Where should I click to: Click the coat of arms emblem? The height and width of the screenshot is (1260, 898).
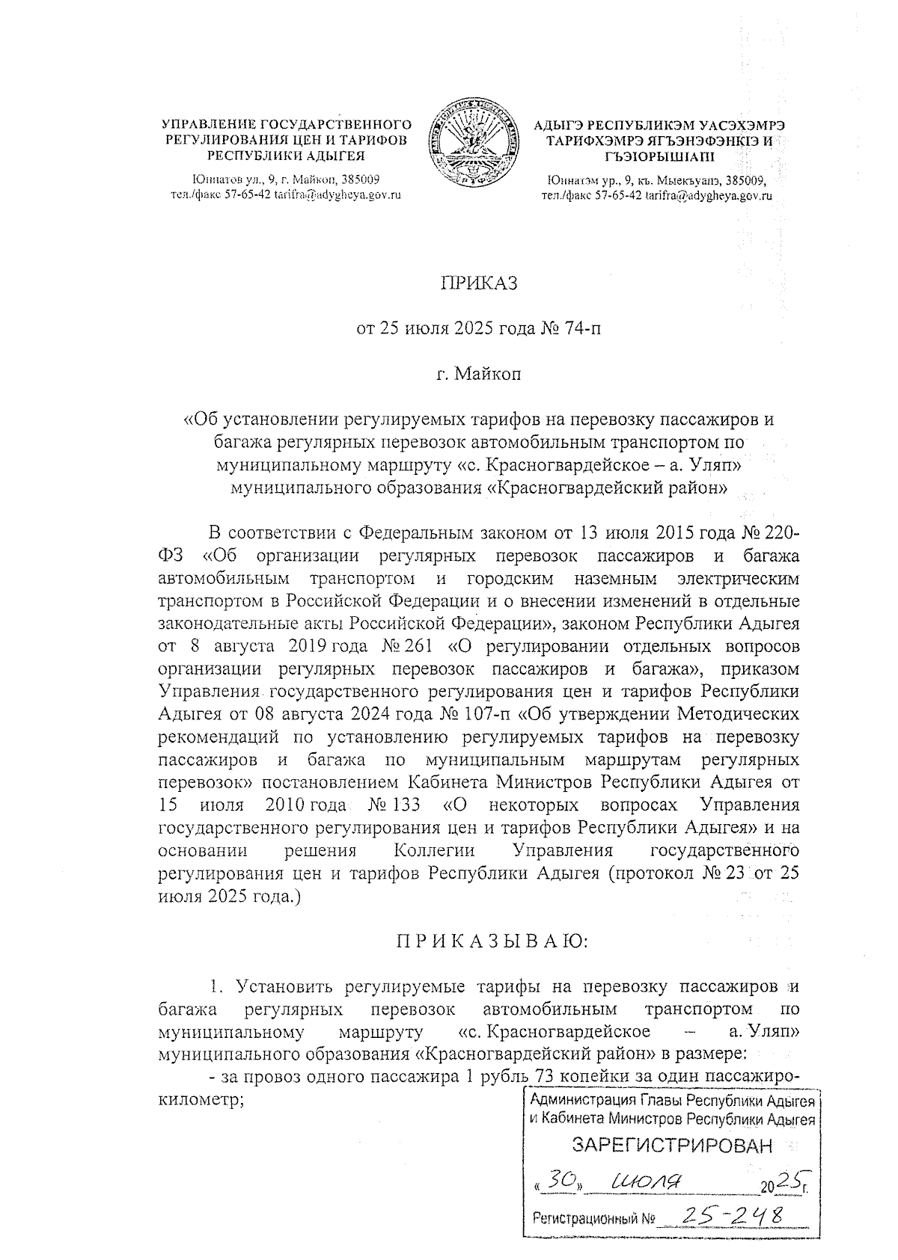471,142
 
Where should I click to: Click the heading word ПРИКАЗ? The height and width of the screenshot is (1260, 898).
478,284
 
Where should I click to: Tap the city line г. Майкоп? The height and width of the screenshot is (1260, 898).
479,372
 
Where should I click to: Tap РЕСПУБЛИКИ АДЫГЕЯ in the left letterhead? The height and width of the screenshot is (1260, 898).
286,155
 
